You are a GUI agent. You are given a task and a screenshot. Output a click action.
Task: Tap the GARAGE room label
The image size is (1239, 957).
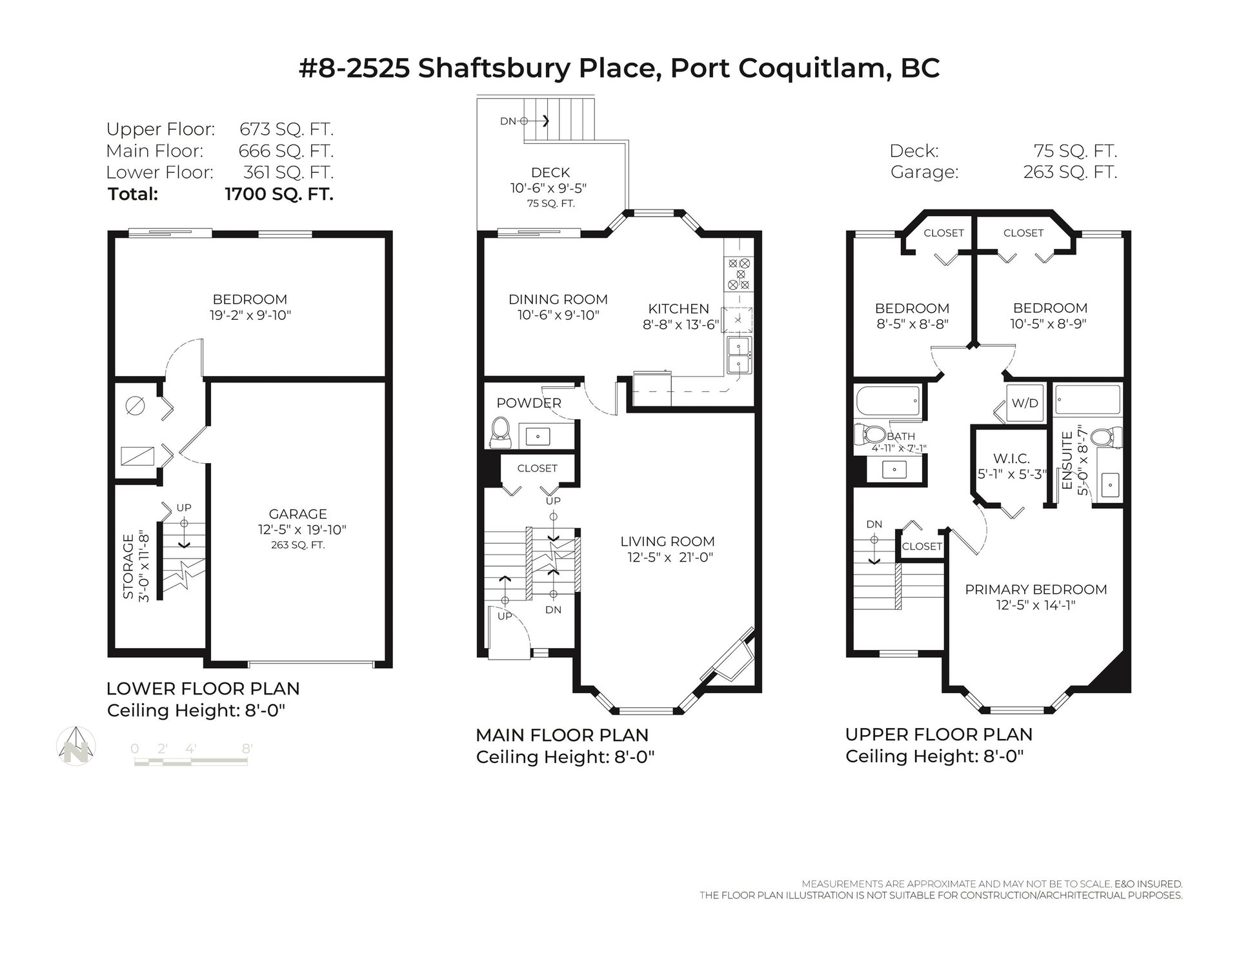click(297, 514)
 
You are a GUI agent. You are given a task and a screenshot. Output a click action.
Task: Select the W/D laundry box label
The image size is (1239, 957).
click(1025, 404)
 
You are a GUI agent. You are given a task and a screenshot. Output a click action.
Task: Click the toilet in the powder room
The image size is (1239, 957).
click(501, 432)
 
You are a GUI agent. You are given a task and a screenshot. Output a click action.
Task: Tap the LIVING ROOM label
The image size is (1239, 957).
click(667, 542)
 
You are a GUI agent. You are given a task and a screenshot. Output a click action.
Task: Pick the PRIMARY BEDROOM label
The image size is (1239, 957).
click(1036, 589)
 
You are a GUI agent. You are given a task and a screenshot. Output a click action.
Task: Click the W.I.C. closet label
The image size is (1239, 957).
click(1011, 459)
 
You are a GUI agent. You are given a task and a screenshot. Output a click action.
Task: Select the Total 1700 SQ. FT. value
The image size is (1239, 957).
click(279, 194)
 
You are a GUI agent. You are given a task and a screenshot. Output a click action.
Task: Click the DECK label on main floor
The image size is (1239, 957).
click(550, 173)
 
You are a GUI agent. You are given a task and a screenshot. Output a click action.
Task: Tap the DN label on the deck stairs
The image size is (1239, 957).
click(509, 121)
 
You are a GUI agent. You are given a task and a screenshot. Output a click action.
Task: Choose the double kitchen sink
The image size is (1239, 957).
click(738, 355)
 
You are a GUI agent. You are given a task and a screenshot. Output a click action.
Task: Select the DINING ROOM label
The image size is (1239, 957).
click(558, 299)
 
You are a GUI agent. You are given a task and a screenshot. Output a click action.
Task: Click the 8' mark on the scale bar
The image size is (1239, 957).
click(247, 749)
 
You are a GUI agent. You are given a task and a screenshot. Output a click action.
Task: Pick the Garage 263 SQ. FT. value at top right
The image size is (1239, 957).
click(1070, 172)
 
